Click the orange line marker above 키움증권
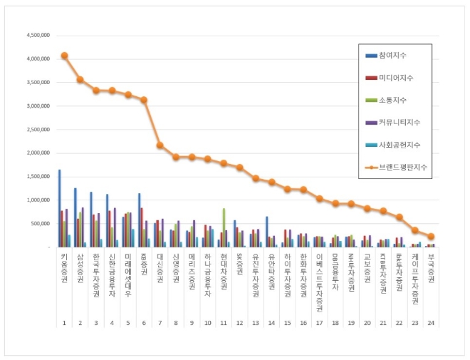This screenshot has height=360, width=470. click(x=64, y=56)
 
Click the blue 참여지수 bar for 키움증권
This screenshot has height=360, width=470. click(x=59, y=208)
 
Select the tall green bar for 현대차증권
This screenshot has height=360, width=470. click(x=224, y=227)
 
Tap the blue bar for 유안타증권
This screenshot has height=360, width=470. click(x=267, y=232)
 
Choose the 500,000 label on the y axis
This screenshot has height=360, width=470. click(x=39, y=223)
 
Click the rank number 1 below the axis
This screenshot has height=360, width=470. click(x=64, y=322)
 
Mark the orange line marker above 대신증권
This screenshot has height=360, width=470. click(x=160, y=145)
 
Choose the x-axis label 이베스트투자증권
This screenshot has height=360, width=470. click(x=320, y=279)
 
